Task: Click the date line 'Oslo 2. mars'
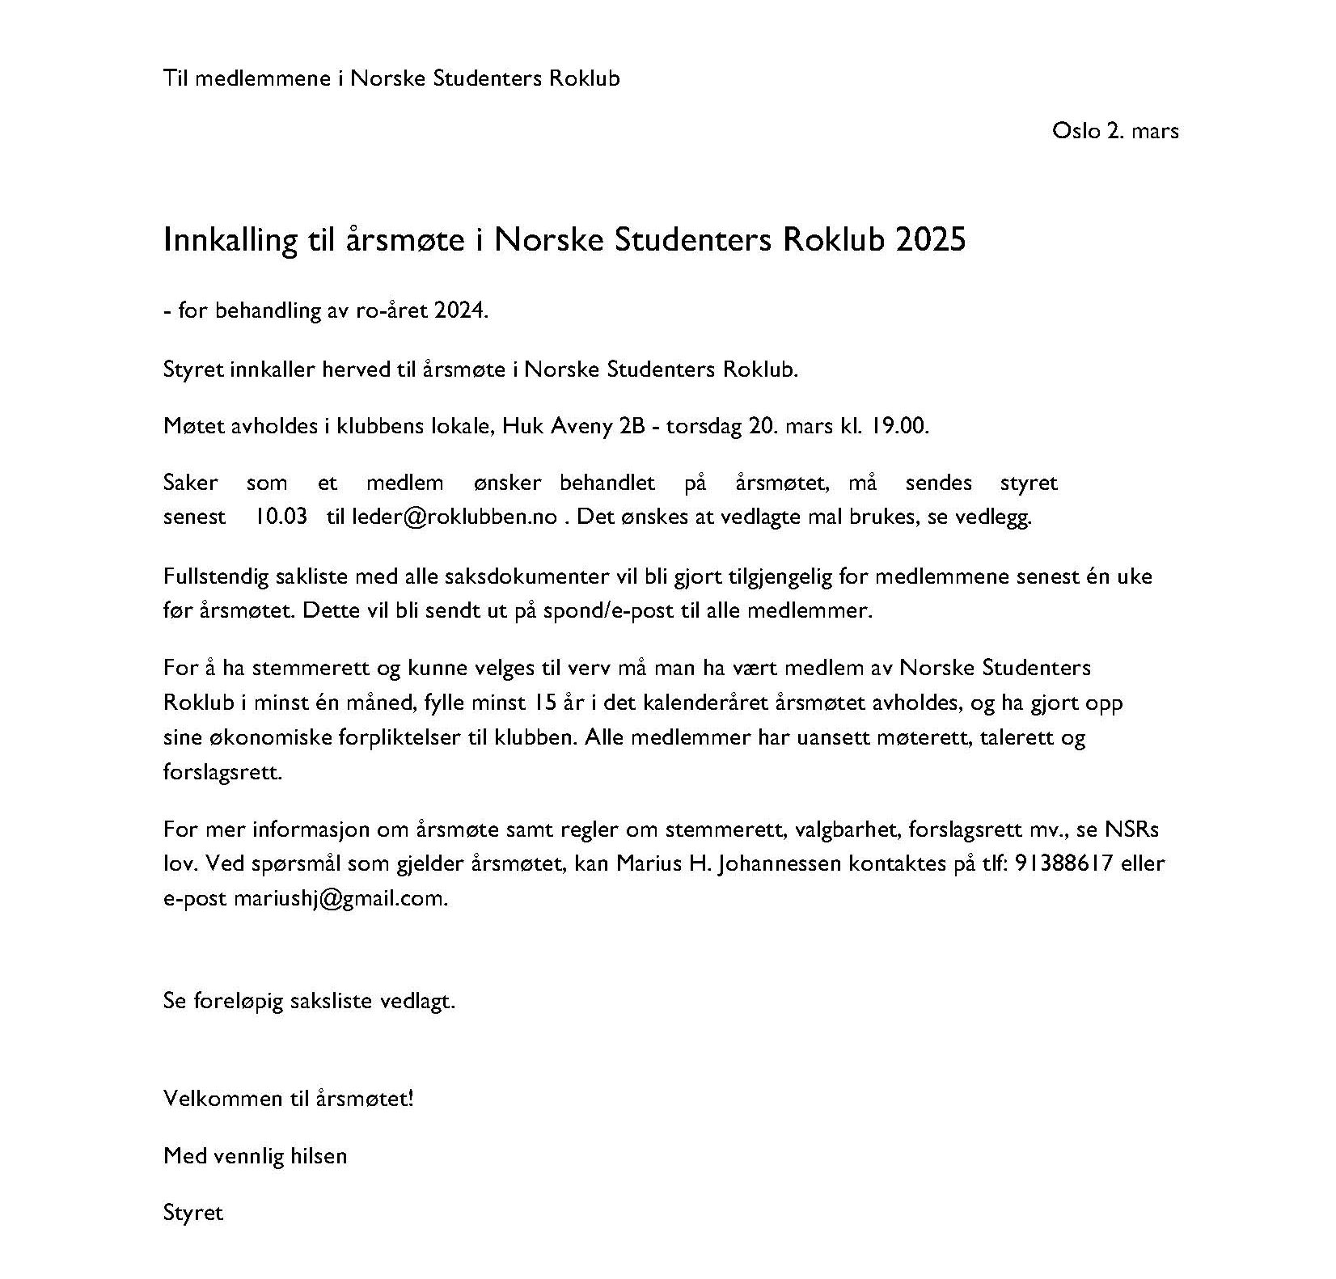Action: click(1114, 130)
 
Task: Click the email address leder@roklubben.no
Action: click(454, 517)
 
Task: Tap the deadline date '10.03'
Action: click(281, 517)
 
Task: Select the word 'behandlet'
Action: click(607, 483)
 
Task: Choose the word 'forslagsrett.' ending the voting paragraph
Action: click(222, 771)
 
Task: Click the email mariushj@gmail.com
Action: click(340, 898)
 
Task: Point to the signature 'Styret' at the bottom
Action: click(192, 1213)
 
